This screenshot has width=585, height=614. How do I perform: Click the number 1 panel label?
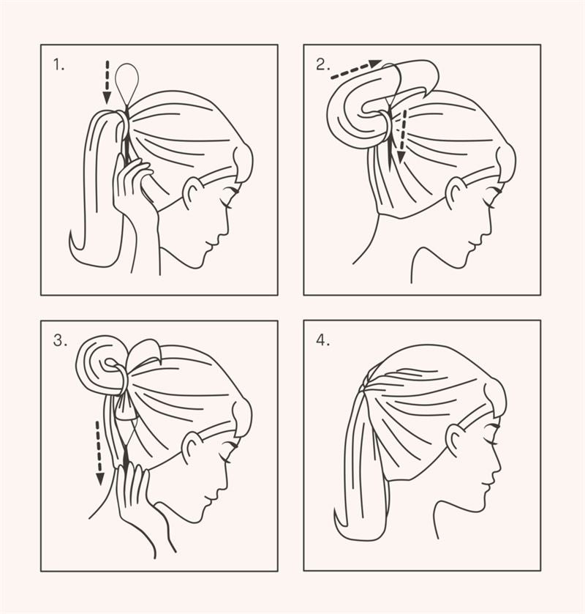point(58,65)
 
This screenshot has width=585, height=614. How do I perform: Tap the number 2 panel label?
point(322,65)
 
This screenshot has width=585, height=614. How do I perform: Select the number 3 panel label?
point(59,340)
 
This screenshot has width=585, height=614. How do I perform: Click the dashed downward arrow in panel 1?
point(107,81)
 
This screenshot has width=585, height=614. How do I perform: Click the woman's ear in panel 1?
point(192,192)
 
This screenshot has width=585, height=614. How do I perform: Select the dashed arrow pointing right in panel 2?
point(355,70)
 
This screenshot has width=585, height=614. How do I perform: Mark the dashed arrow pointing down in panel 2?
point(400,135)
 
